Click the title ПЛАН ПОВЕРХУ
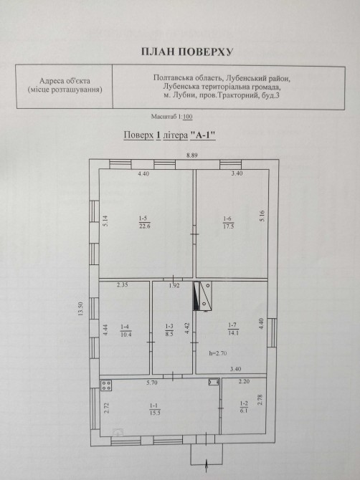187,52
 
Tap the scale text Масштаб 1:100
171,117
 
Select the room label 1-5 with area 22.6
144,222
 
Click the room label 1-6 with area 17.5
229,223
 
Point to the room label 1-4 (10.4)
126,330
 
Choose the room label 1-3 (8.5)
169,330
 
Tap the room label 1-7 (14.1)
233,329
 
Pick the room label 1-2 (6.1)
244,407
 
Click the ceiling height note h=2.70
218,353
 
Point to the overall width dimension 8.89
192,155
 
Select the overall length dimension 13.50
81,309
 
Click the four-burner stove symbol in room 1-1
106,385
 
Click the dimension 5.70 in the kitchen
151,383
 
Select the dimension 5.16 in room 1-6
262,216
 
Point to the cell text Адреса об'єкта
65,81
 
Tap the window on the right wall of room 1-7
272,332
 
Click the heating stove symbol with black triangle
202,297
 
